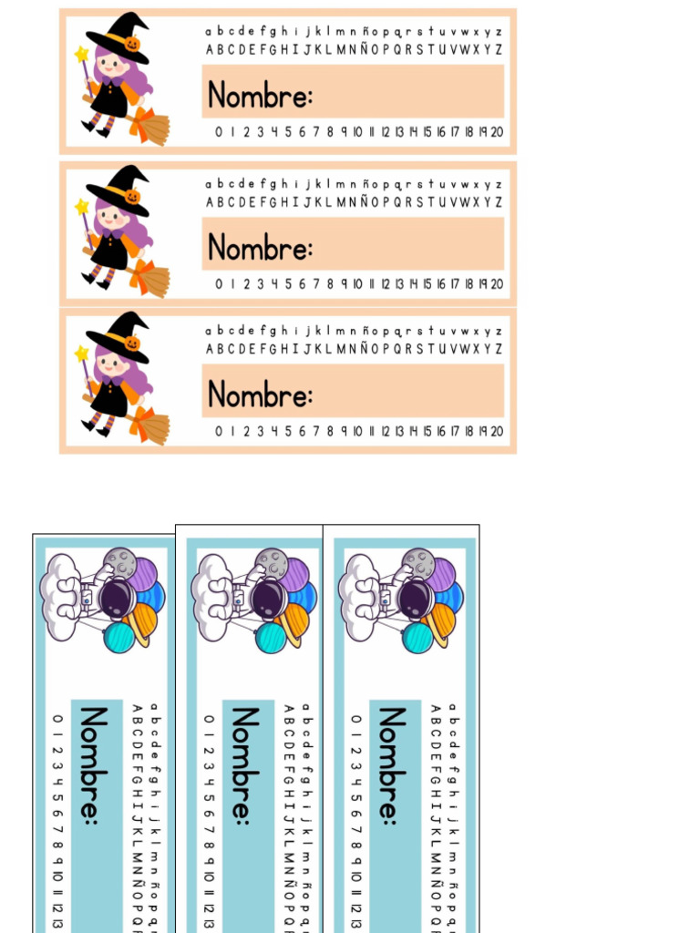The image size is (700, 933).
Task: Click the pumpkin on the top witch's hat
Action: click(132, 44)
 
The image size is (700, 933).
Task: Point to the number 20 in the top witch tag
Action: click(497, 132)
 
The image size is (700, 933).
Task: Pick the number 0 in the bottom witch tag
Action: click(219, 431)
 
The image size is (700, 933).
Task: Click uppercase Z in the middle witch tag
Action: click(499, 202)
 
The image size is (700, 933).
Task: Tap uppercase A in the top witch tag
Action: click(210, 49)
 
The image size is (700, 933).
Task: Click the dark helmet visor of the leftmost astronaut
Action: click(118, 599)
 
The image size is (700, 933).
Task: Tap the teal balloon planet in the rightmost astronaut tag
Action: click(417, 638)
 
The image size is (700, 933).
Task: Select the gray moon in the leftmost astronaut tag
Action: click(119, 563)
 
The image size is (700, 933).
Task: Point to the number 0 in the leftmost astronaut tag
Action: click(57, 719)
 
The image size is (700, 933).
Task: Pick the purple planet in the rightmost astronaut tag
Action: click(440, 575)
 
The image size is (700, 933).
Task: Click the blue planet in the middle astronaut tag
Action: click(303, 599)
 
